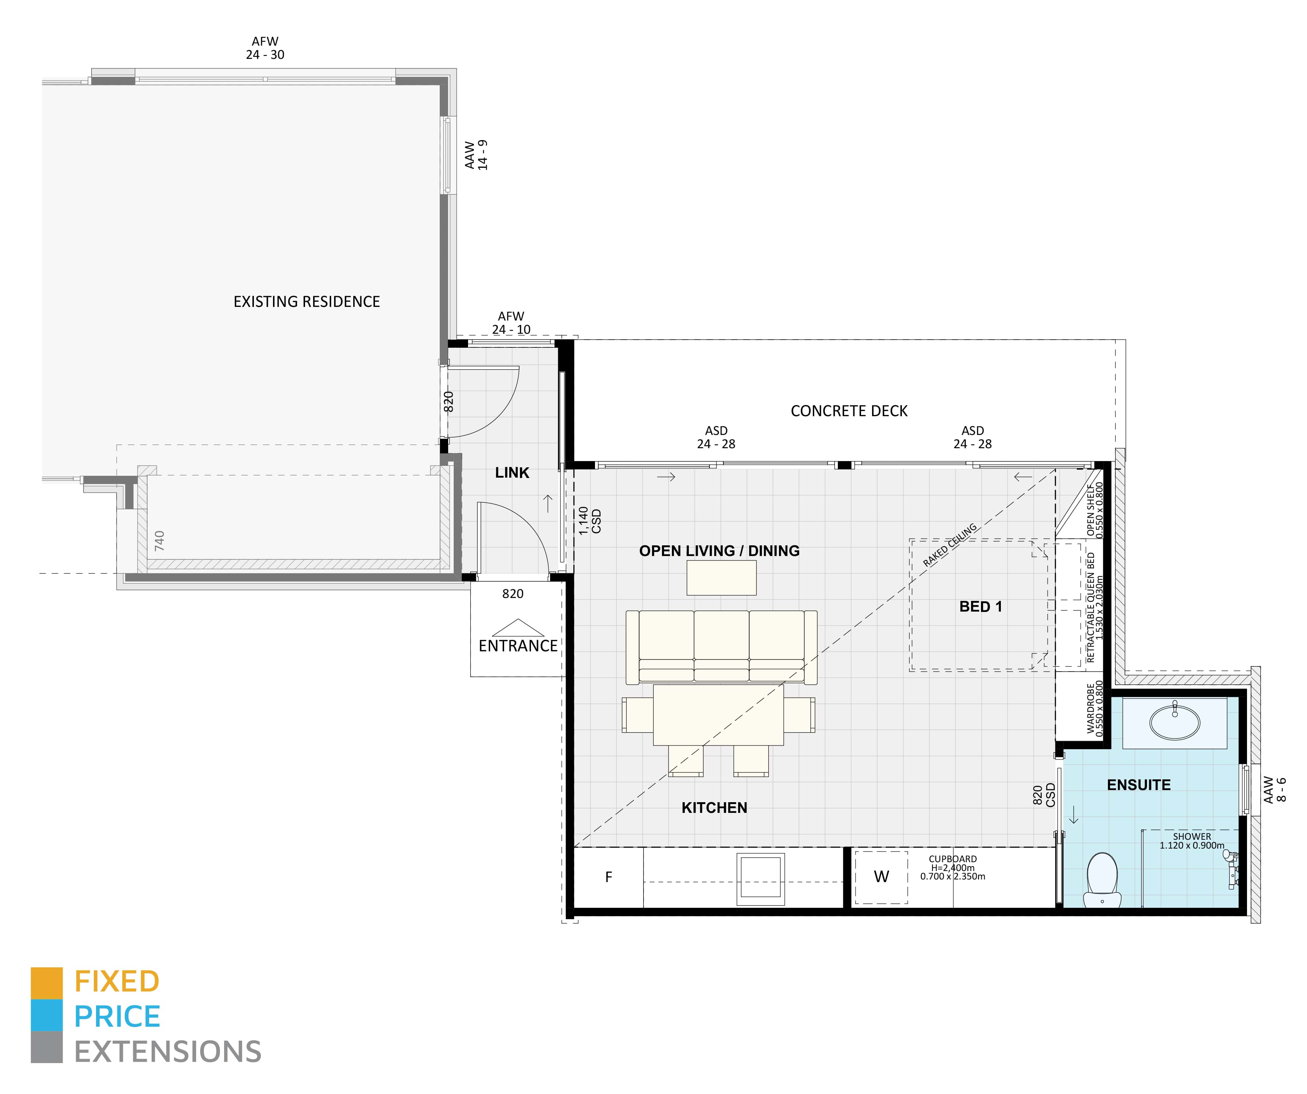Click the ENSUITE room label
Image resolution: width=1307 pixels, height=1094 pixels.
click(x=1138, y=785)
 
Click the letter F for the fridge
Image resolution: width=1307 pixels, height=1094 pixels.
click(x=608, y=877)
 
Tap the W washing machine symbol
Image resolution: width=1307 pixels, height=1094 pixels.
click(x=881, y=877)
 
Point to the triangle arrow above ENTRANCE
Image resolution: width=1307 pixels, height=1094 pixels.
click(x=518, y=627)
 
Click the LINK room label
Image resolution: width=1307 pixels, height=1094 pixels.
click(x=511, y=473)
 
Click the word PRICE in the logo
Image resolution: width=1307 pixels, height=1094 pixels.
click(x=117, y=1017)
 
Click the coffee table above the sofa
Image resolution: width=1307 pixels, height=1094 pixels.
click(x=721, y=578)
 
